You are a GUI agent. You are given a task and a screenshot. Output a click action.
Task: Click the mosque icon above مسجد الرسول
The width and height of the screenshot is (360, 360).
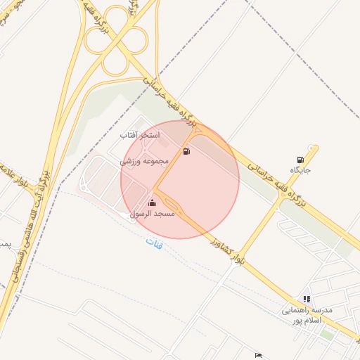click(x=153, y=204)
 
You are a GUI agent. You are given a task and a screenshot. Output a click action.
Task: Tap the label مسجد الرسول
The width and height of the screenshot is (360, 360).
click(x=153, y=214)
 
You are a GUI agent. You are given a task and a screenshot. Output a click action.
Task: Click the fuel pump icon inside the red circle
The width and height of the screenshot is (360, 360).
click(x=186, y=151)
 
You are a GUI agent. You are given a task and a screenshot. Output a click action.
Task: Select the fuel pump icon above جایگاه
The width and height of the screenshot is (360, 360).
click(x=301, y=160)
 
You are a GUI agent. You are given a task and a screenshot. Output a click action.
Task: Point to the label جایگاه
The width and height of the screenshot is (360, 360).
click(x=300, y=170)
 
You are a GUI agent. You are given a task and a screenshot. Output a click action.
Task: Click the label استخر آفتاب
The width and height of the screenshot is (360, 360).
click(x=141, y=134)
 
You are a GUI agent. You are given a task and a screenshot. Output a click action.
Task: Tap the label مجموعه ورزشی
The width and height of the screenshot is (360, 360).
click(x=146, y=161)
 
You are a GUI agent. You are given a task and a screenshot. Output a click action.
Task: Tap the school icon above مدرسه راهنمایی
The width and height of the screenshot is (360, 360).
click(x=306, y=299)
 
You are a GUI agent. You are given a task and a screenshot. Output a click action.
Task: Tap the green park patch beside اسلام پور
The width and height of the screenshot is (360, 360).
click(x=327, y=335)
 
